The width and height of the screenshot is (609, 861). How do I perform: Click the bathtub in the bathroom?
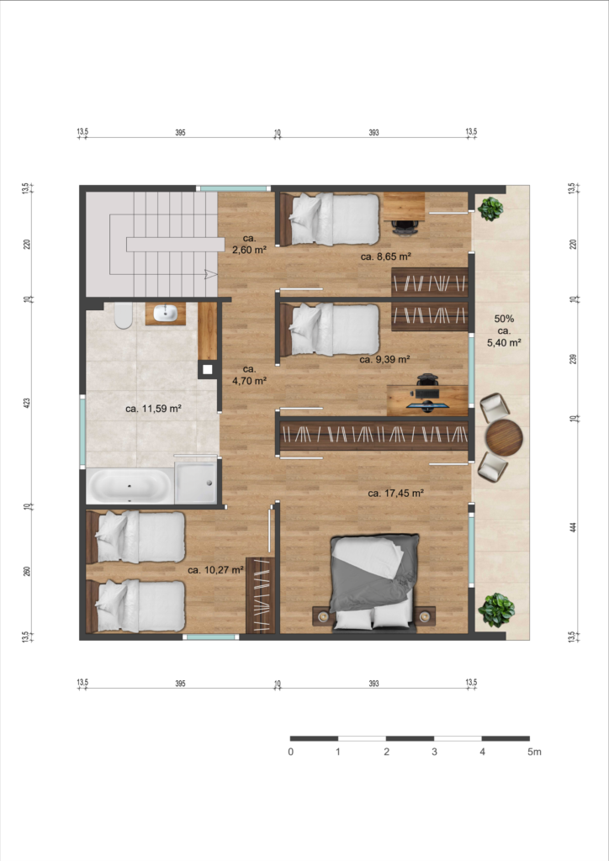[x=130, y=486]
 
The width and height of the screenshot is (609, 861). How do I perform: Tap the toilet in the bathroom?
[x=123, y=315]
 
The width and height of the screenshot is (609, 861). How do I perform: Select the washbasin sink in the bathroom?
[x=166, y=313]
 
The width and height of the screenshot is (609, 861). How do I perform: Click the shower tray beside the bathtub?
[x=195, y=483]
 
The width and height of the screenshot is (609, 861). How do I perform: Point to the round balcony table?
[x=504, y=437]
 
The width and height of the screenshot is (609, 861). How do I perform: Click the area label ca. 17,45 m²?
[x=395, y=493]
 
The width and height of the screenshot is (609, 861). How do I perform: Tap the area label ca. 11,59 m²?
[x=153, y=409]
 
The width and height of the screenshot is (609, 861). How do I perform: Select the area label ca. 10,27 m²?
[x=215, y=570]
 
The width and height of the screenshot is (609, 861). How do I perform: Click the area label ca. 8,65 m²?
[x=386, y=256]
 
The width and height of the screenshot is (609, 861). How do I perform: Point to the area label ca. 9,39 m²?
[x=385, y=359]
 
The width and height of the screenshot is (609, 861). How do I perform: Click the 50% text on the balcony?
[x=504, y=319]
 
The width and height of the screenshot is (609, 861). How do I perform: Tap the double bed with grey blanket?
[x=374, y=581]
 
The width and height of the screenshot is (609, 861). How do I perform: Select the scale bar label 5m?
[x=534, y=752]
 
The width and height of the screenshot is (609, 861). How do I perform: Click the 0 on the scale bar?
[x=290, y=752]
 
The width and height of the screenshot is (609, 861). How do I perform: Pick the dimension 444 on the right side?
[x=574, y=527]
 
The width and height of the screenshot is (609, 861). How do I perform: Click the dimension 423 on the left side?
[x=27, y=403]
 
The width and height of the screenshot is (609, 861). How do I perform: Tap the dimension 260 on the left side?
[x=27, y=571]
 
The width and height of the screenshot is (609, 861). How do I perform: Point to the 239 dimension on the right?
[x=574, y=359]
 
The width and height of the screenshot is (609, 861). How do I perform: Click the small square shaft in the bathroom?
[x=207, y=370]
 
